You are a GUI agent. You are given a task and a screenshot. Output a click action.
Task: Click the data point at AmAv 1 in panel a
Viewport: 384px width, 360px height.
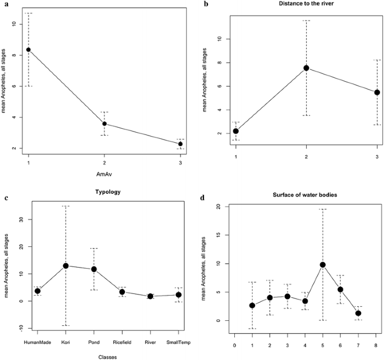pos(29,50)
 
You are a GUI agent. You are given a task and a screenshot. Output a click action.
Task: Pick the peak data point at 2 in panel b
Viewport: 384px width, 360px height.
pos(306,68)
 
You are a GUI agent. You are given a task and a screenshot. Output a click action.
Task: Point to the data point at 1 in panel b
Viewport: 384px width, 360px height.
pos(236,131)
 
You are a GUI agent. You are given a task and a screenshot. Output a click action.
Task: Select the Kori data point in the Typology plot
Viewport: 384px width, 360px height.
pos(66,265)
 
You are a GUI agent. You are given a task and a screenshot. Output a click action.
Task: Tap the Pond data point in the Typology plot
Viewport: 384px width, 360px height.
pos(94,269)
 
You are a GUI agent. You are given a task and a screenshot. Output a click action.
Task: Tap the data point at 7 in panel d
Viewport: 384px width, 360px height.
pos(358,313)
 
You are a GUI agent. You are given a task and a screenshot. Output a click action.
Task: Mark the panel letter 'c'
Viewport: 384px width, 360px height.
pos(5,198)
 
